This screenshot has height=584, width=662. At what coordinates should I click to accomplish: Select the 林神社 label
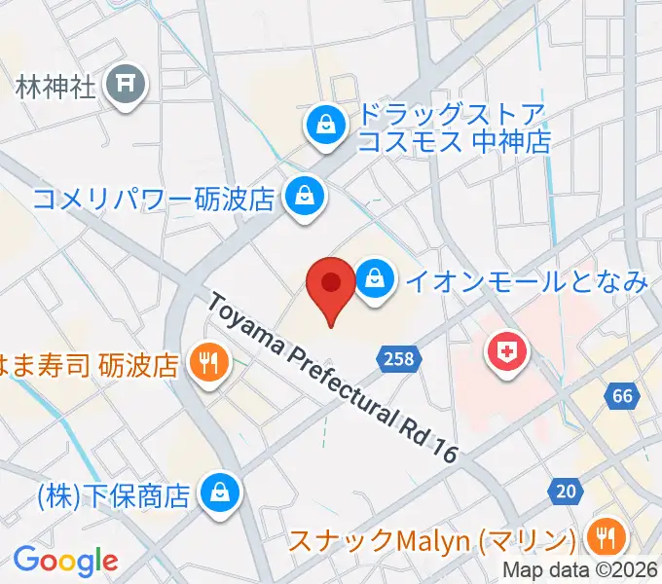(x=56, y=87)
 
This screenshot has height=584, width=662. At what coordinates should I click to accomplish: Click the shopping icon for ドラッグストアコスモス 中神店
(x=322, y=125)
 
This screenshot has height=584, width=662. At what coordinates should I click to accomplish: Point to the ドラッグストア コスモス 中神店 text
(x=454, y=128)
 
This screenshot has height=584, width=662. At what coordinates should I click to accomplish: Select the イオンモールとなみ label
(x=526, y=282)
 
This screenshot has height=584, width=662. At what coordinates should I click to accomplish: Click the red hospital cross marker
(x=508, y=352)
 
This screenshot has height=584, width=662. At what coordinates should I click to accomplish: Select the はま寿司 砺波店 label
(x=90, y=366)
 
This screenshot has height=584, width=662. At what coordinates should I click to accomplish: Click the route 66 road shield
(x=623, y=395)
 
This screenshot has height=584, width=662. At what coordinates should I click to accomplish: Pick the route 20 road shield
(x=566, y=492)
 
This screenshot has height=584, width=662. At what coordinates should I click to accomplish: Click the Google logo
(x=65, y=561)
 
